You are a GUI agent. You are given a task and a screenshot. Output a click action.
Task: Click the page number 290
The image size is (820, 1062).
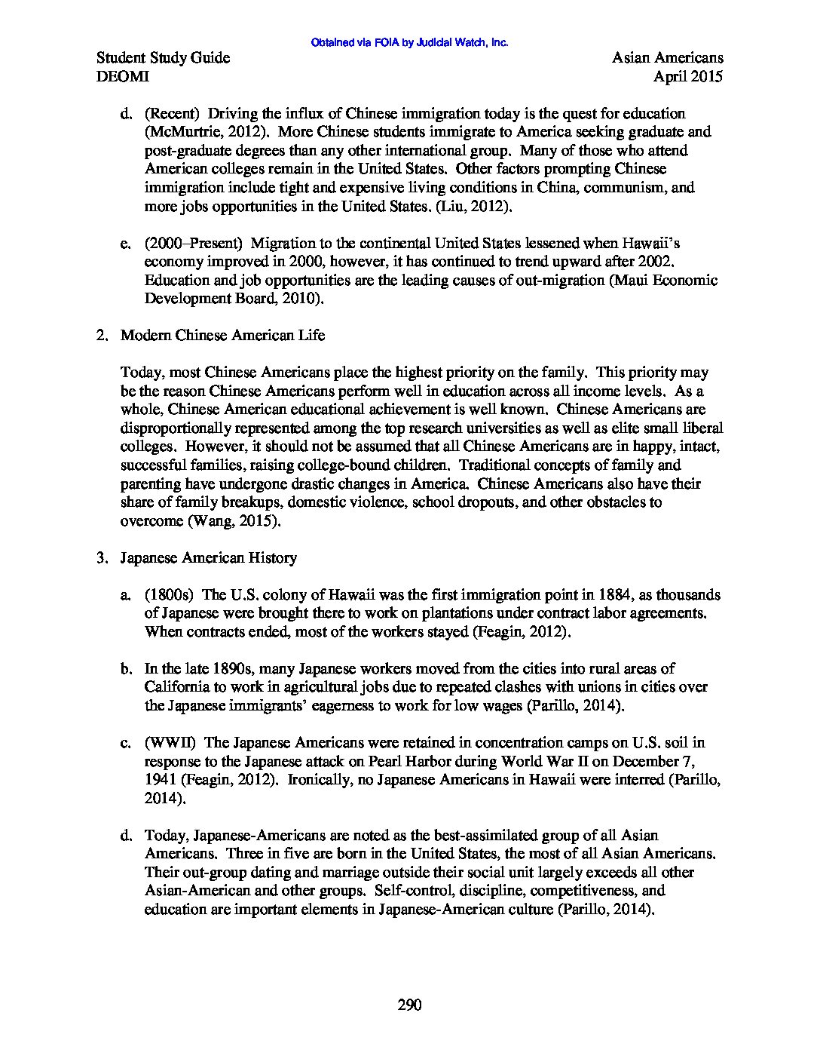409,1005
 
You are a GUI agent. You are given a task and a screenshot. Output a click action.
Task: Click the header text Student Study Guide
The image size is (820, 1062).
164,58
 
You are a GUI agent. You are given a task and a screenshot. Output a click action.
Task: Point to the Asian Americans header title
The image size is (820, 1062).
667,58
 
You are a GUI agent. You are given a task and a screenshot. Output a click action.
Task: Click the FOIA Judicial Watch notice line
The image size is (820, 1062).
409,43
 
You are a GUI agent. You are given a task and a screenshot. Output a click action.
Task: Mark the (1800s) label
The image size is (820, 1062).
170,595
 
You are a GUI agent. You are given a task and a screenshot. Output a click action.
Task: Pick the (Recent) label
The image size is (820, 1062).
173,114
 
